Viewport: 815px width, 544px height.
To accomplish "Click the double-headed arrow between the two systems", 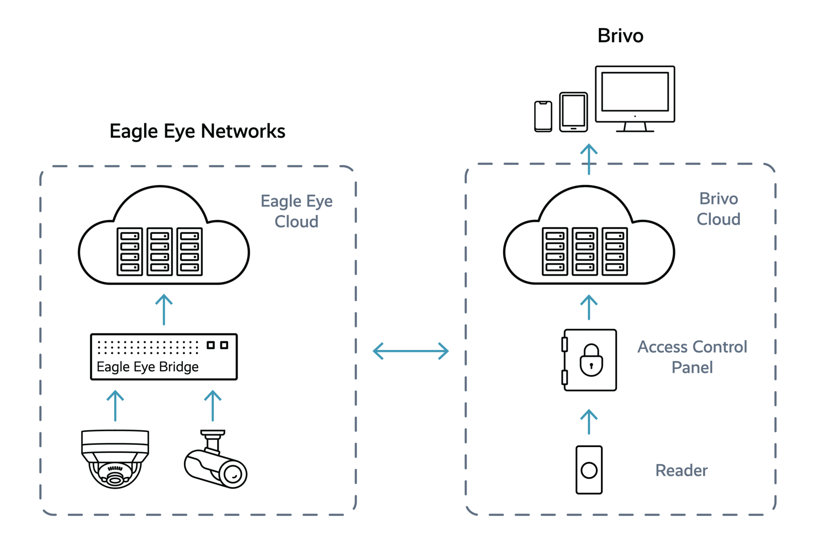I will [411, 351].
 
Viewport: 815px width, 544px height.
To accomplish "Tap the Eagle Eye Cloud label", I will [296, 211].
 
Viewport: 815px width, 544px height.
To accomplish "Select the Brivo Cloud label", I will [718, 209].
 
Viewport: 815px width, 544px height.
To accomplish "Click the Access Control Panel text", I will [692, 357].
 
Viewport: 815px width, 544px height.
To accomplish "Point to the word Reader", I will [681, 471].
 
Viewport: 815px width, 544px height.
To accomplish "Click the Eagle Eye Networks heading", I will [198, 131].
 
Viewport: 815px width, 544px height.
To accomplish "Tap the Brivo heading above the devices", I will [620, 36].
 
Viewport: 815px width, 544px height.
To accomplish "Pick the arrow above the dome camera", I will [115, 405].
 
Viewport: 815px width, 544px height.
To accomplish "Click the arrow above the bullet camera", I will [213, 405].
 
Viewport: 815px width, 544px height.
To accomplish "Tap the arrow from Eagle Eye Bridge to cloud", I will [164, 310].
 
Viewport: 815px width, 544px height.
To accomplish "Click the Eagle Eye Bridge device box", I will [164, 357].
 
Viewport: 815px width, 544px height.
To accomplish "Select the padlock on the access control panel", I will [591, 360].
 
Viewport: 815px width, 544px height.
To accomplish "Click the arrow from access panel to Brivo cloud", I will [589, 307].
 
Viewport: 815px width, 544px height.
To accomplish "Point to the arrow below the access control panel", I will [589, 422].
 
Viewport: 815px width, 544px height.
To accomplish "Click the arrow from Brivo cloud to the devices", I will [589, 159].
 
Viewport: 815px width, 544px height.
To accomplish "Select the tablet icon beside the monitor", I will [573, 112].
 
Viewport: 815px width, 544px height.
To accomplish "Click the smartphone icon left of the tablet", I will [543, 116].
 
